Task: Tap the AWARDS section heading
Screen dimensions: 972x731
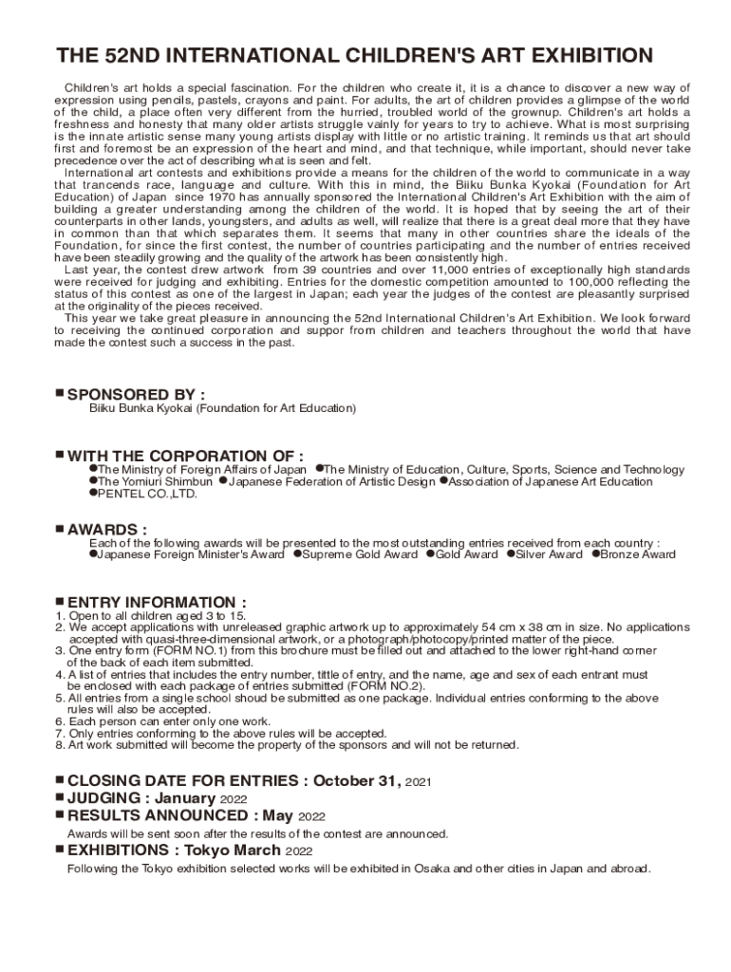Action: pyautogui.click(x=106, y=529)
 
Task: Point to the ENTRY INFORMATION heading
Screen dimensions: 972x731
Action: pyautogui.click(x=158, y=603)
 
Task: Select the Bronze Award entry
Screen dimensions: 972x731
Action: pyautogui.click(x=638, y=554)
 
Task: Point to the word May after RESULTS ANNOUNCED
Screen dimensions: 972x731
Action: pyautogui.click(x=278, y=815)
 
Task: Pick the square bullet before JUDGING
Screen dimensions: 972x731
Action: pyautogui.click(x=59, y=797)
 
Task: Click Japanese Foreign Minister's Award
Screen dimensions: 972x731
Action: pyautogui.click(x=191, y=554)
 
